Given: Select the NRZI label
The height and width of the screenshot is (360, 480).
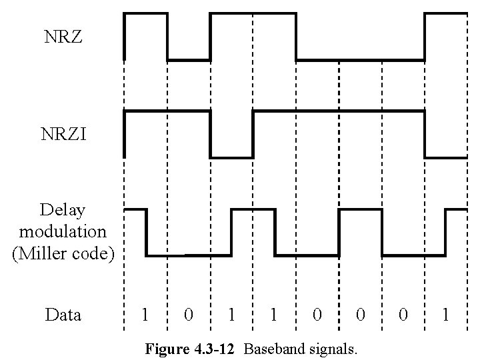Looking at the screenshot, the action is pyautogui.click(x=63, y=136).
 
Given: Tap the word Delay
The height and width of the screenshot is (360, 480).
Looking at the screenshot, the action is pyautogui.click(x=63, y=211).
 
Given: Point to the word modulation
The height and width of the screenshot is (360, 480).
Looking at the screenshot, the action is pyautogui.click(x=63, y=232).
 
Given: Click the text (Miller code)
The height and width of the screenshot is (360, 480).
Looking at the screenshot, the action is pyautogui.click(x=63, y=254).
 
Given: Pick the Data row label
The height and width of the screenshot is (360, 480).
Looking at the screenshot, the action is pyautogui.click(x=63, y=315).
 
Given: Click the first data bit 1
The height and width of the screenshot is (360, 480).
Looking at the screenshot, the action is pyautogui.click(x=145, y=315).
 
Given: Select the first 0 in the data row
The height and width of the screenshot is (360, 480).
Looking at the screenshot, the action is pyautogui.click(x=189, y=315).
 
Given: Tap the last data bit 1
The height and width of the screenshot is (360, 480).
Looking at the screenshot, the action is pyautogui.click(x=445, y=315).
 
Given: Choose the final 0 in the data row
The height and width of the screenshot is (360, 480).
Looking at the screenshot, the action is pyautogui.click(x=403, y=315).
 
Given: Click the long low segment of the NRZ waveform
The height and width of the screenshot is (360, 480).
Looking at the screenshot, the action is pyautogui.click(x=360, y=60).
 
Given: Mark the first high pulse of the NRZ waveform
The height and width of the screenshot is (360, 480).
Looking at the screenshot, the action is pyautogui.click(x=145, y=13).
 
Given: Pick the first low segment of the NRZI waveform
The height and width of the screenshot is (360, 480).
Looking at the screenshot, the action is pyautogui.click(x=231, y=157).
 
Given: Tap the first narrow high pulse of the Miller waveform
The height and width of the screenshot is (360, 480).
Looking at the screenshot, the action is pyautogui.click(x=135, y=209).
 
